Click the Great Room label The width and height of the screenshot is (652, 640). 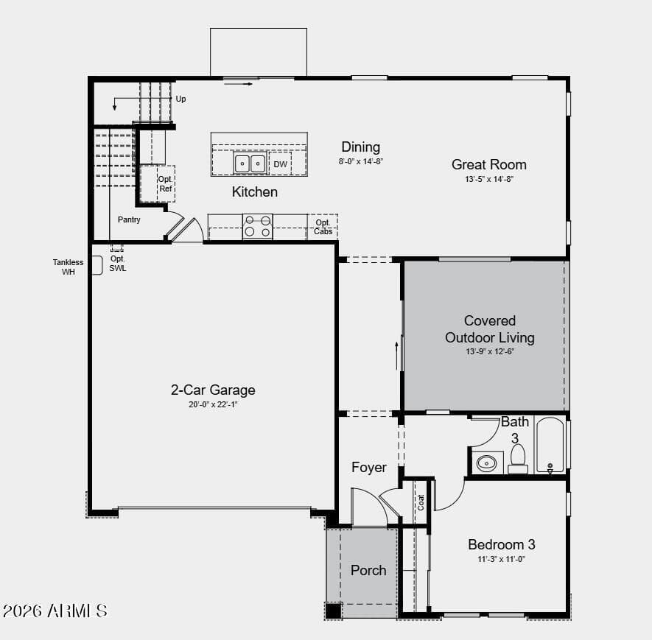tap(489, 164)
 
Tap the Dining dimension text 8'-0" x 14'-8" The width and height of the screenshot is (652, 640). tap(360, 161)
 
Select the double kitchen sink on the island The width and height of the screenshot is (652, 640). tap(250, 163)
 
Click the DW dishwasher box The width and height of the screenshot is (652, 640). tap(280, 163)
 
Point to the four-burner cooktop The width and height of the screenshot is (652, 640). tap(257, 226)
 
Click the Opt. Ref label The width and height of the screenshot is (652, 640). tap(165, 183)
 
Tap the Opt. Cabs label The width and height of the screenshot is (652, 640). tap(323, 227)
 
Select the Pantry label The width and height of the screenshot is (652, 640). tap(129, 219)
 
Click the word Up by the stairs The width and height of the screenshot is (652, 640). tap(180, 99)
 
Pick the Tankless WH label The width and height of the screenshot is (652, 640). tap(69, 267)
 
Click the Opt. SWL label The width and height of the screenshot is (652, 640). tap(118, 264)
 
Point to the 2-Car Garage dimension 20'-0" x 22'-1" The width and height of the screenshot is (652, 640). tap(213, 404)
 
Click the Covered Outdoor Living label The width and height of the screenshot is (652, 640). tap(490, 328)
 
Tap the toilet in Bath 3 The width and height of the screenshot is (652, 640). tap(518, 459)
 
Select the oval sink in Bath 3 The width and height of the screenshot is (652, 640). tap(486, 463)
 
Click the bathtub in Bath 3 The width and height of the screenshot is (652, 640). tap(550, 445)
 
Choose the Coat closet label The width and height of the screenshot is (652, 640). tap(421, 502)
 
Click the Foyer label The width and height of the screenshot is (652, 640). tap(369, 467)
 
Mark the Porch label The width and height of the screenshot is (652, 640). tap(368, 570)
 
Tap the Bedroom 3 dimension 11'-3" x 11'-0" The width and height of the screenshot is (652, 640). tap(502, 560)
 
